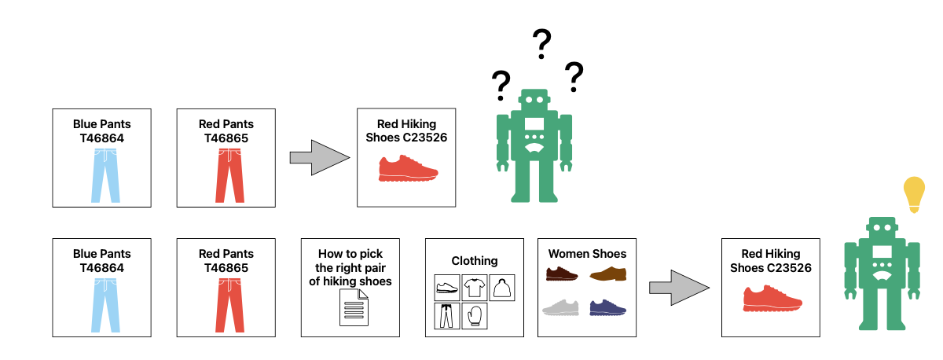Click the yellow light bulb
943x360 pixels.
[913, 193]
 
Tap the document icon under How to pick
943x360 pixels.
[354, 307]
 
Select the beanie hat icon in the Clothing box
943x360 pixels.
[501, 288]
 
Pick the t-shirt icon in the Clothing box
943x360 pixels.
[475, 288]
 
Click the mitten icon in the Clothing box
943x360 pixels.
[475, 317]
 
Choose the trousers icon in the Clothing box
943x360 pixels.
[447, 317]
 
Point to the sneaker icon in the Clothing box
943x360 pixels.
[447, 288]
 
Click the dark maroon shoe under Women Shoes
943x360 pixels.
[562, 274]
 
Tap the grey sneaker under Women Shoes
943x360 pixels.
[562, 307]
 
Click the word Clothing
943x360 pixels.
[475, 261]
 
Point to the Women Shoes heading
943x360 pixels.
[587, 254]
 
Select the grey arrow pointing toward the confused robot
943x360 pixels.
[319, 158]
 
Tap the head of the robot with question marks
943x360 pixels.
[534, 101]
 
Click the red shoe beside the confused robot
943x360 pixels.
[406, 168]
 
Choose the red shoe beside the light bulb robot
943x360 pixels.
[772, 298]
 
